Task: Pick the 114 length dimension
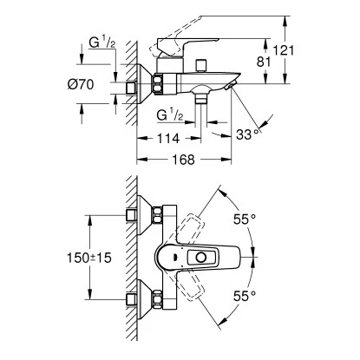point(170,139)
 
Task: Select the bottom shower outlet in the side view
point(202,100)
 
